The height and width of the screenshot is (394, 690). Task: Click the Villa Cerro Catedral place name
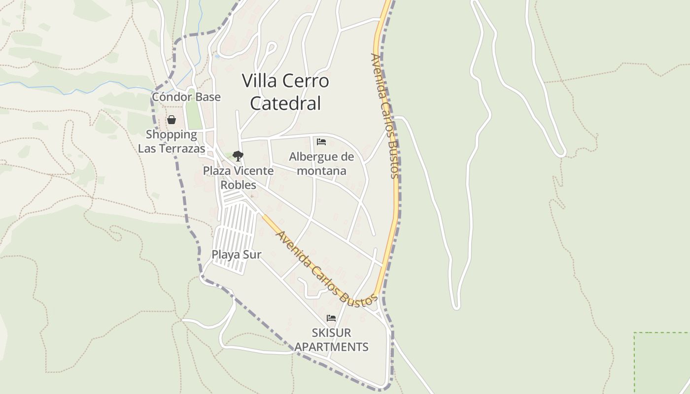[285, 92]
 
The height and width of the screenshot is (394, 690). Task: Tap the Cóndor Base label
[186, 97]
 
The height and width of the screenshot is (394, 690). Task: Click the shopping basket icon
[172, 120]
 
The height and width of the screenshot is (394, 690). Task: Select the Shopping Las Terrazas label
[172, 141]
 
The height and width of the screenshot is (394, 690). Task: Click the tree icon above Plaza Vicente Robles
[238, 156]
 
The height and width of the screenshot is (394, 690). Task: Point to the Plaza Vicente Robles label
[239, 178]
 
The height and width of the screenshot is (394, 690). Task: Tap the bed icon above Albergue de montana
[321, 142]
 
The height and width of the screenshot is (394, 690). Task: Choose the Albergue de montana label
[321, 164]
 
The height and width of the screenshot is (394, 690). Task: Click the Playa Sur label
[236, 255]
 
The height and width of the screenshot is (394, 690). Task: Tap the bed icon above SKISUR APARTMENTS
[331, 318]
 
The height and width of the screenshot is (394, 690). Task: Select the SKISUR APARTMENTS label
[331, 340]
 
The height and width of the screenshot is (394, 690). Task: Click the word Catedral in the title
[285, 103]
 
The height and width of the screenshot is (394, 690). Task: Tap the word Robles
[239, 185]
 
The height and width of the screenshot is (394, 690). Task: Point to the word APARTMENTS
[331, 347]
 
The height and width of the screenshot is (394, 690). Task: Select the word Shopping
[171, 134]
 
